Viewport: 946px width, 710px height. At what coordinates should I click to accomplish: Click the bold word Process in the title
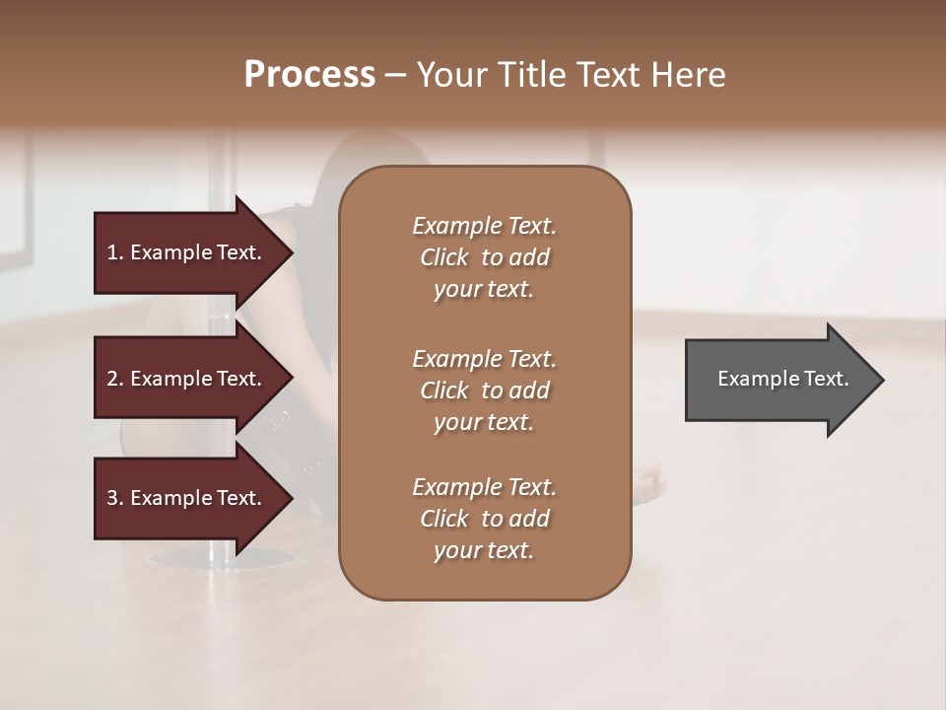[309, 75]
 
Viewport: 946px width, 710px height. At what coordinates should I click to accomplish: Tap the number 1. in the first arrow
[115, 252]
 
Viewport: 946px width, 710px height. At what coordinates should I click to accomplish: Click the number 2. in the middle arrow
[115, 379]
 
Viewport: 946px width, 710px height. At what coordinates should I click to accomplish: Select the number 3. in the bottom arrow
[115, 498]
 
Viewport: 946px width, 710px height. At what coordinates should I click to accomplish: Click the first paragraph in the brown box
[484, 257]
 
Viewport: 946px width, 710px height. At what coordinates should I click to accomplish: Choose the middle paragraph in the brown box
[484, 390]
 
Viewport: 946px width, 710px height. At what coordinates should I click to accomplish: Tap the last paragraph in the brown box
[484, 519]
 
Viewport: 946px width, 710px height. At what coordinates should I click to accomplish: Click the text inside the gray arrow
[782, 379]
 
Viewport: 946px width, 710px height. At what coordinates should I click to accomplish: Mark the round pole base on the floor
[212, 560]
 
